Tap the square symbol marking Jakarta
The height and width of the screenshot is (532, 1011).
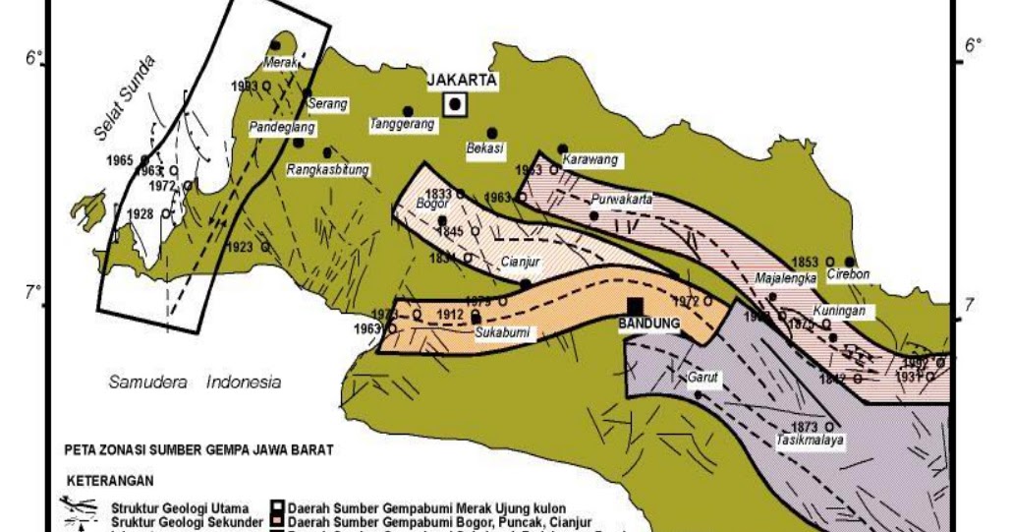click(455, 104)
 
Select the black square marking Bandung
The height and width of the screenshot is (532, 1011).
click(636, 307)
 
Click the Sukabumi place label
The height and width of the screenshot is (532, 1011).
click(502, 332)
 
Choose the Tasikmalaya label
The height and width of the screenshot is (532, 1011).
click(811, 440)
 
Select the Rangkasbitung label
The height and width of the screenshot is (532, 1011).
click(328, 169)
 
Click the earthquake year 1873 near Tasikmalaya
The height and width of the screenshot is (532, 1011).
click(804, 427)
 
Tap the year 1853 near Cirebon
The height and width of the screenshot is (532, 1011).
click(805, 261)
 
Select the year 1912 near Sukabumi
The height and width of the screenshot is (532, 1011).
click(451, 315)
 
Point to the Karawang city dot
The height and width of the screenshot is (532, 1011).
click(563, 149)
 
